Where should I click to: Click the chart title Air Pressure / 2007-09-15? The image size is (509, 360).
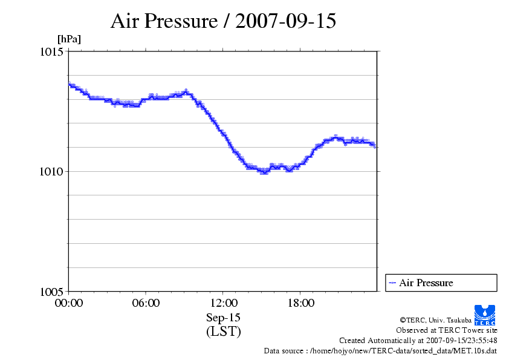(x=223, y=21)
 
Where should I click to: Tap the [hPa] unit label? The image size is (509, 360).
(x=69, y=39)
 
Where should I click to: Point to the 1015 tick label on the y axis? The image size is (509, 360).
(x=52, y=52)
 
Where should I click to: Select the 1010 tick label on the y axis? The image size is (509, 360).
(x=52, y=171)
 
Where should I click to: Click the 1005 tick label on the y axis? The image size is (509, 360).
(x=52, y=291)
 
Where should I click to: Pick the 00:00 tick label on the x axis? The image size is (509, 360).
(x=69, y=303)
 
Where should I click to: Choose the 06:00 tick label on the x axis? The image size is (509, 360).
(x=146, y=303)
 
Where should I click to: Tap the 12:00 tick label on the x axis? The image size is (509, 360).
(x=223, y=303)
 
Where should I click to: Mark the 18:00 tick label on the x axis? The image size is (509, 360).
(x=300, y=303)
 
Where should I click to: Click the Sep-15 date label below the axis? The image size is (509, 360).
(x=223, y=318)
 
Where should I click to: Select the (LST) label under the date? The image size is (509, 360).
(x=223, y=332)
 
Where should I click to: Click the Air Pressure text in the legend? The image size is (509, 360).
(x=426, y=283)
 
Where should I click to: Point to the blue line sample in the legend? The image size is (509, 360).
(x=392, y=283)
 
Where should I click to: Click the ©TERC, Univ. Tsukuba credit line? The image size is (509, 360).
(x=449, y=320)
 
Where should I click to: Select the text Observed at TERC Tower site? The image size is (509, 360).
(x=446, y=330)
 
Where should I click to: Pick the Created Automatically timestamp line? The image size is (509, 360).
(x=418, y=341)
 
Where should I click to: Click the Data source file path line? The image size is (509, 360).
(x=380, y=351)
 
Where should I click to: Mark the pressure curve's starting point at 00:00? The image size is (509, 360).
(x=70, y=84)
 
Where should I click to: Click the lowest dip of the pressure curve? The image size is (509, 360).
(x=264, y=172)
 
